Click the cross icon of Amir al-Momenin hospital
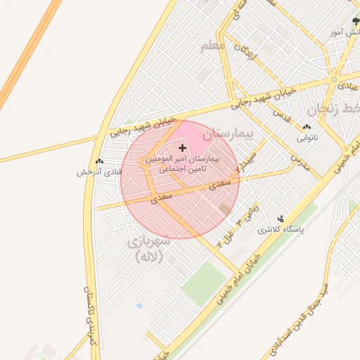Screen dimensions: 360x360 click(183, 148)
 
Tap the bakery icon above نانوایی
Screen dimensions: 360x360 click(307, 128)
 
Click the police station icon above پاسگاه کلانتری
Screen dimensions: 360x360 click(282, 219)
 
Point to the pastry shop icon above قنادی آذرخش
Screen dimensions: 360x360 click(99, 161)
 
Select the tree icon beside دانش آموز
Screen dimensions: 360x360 click(355, 22)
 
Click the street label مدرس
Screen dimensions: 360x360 click(301, 160)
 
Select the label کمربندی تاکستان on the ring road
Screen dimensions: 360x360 click(89, 316)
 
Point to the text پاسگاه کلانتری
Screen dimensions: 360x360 click(281, 230)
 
